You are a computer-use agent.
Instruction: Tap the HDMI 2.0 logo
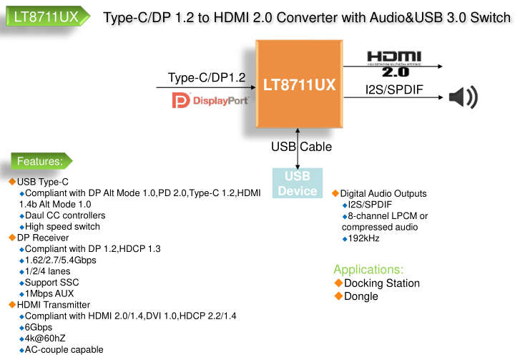coord(394,62)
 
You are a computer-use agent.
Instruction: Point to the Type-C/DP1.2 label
coord(207,77)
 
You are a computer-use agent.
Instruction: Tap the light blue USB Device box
coord(298,183)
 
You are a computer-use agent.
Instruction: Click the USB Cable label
coord(301,147)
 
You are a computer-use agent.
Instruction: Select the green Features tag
coord(40,160)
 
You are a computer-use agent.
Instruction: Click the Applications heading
coord(368,269)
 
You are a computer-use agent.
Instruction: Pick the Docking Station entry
coord(382,283)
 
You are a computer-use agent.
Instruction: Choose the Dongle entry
coord(361,296)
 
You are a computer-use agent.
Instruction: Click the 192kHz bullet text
coord(363,238)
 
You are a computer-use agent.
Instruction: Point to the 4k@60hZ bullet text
coord(45,338)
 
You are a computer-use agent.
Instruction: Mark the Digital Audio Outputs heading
coord(383,193)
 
